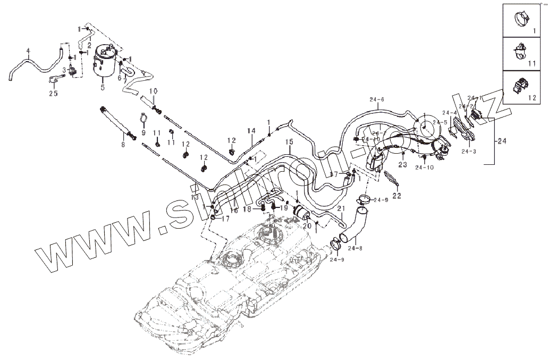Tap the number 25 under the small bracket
pyautogui.click(x=53, y=94)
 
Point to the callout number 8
pyautogui.click(x=123, y=144)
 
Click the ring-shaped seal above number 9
pyautogui.click(x=143, y=119)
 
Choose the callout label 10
pyautogui.click(x=153, y=91)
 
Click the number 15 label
pyautogui.click(x=290, y=142)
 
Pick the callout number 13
pyautogui.click(x=195, y=197)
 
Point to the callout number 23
pyautogui.click(x=402, y=165)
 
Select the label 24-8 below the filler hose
pyautogui.click(x=356, y=248)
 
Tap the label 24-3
pyautogui.click(x=468, y=151)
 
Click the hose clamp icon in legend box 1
pyautogui.click(x=521, y=20)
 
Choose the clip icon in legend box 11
pyautogui.click(x=520, y=52)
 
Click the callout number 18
pyautogui.click(x=247, y=210)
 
